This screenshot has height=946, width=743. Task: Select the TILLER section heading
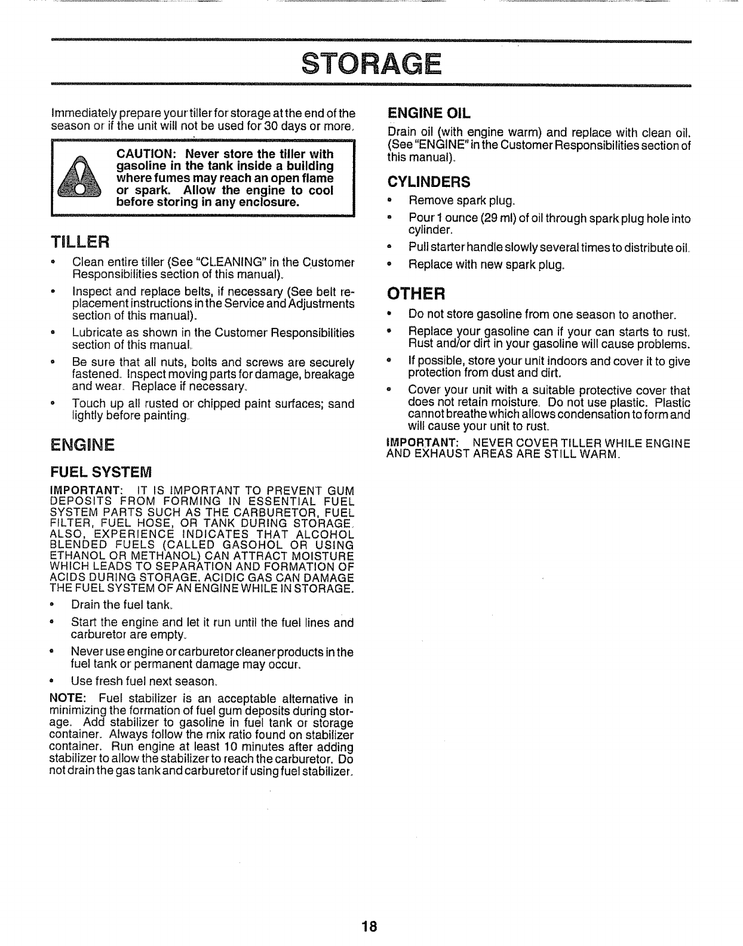click(79, 242)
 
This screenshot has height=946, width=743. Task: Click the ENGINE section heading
click(82, 445)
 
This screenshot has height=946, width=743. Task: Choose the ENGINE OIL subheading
click(429, 112)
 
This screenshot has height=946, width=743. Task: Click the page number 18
click(369, 926)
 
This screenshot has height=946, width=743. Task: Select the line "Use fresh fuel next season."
click(144, 681)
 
